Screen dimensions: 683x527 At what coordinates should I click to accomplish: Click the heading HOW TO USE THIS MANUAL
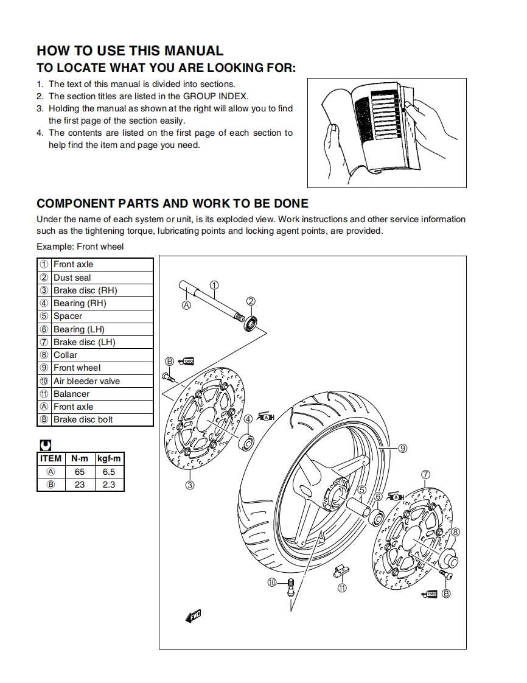[130, 51]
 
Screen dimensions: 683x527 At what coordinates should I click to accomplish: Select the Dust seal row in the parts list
[95, 278]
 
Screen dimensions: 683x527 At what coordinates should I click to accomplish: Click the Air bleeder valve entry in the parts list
[95, 381]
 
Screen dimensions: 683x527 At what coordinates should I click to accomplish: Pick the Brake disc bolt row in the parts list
[95, 419]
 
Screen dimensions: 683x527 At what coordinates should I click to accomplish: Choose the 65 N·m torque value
[80, 472]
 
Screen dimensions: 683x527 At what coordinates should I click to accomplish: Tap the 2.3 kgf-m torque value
[109, 485]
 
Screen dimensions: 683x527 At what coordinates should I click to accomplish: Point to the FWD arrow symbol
[192, 616]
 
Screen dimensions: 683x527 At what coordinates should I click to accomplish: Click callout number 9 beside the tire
[402, 449]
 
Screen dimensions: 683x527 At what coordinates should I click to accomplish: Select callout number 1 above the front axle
[214, 284]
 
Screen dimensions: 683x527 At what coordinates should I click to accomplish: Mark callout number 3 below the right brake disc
[190, 485]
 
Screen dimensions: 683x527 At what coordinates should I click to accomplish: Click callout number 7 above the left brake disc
[425, 475]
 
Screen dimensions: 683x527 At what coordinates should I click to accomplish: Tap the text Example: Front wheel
[80, 247]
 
